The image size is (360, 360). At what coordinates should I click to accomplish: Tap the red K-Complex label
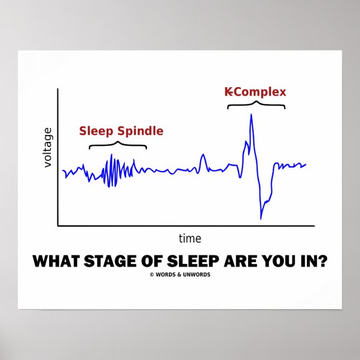coord(255,92)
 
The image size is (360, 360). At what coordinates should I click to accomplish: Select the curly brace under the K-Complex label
coord(256,105)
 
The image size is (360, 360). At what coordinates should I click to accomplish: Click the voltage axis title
coord(48,147)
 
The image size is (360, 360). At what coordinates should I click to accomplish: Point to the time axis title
coord(190,239)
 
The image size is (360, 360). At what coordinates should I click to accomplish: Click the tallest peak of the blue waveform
coord(252,115)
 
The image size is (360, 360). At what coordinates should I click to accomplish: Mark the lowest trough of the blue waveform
coord(260,218)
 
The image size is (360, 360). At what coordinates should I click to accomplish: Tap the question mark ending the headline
coord(324,261)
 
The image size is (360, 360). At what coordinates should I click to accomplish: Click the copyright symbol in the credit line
coord(151,274)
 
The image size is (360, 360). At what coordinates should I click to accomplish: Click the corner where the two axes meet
coord(58,226)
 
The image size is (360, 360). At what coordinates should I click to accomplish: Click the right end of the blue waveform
coord(306,164)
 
